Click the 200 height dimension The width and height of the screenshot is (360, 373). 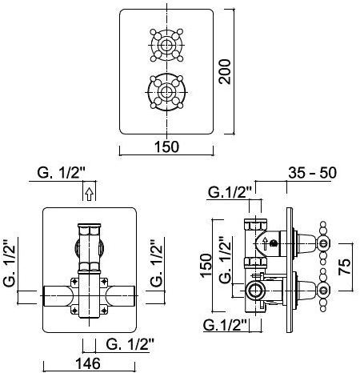click(x=225, y=72)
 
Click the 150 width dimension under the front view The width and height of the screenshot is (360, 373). click(x=166, y=146)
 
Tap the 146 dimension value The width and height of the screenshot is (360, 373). click(x=88, y=363)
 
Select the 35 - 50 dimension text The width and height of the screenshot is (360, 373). click(x=312, y=173)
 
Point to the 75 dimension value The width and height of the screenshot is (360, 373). click(x=345, y=267)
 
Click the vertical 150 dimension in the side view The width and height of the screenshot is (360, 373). click(x=206, y=265)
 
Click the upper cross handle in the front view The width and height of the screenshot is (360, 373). click(x=166, y=45)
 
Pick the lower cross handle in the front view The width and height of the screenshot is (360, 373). click(x=166, y=92)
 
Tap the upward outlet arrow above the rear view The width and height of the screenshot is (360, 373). click(x=90, y=194)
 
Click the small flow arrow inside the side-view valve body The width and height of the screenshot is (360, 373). click(x=265, y=243)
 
